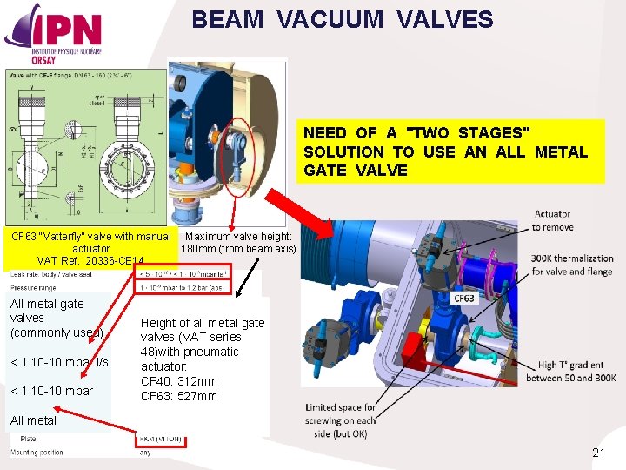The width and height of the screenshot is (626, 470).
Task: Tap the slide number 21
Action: click(598, 452)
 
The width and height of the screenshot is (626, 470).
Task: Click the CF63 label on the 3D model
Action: click(466, 298)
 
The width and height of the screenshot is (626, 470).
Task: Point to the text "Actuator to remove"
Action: click(553, 220)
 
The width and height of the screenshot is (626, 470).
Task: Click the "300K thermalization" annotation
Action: click(573, 265)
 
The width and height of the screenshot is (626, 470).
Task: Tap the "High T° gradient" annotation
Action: click(577, 372)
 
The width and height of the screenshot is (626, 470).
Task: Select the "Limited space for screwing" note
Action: click(341, 420)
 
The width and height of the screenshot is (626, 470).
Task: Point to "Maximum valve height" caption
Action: click(238, 242)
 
